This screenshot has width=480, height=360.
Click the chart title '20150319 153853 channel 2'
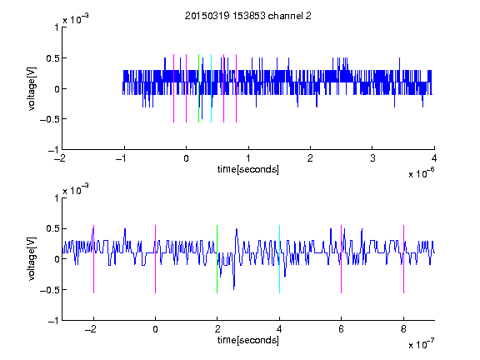tap(248, 16)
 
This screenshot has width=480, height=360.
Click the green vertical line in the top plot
tap(198, 88)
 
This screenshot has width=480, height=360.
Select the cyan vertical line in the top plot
tap(211, 88)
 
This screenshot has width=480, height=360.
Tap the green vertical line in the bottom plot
tap(217, 259)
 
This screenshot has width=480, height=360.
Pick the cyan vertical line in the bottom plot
tap(279, 259)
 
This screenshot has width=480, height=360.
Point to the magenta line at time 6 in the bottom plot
tap(342, 259)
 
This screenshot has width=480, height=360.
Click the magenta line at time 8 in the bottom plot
tap(404, 259)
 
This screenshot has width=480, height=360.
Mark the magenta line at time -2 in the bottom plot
tap(93, 259)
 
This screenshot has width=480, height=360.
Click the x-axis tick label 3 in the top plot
tap(372, 158)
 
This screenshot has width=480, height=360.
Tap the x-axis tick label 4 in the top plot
tap(434, 158)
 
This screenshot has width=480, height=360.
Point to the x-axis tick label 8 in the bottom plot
tap(403, 329)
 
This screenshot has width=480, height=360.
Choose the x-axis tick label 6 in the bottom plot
tap(342, 329)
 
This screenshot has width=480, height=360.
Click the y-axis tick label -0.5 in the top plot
tap(49, 119)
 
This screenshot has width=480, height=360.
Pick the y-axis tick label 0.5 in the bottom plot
tap(52, 228)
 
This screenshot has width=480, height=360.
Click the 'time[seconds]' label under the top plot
tap(248, 169)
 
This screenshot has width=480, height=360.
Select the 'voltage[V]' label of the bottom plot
tap(32, 258)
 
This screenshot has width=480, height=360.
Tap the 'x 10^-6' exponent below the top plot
tap(421, 172)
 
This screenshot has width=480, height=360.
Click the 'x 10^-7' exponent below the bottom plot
tap(421, 343)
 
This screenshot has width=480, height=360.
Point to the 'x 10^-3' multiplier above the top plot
tap(76, 18)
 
